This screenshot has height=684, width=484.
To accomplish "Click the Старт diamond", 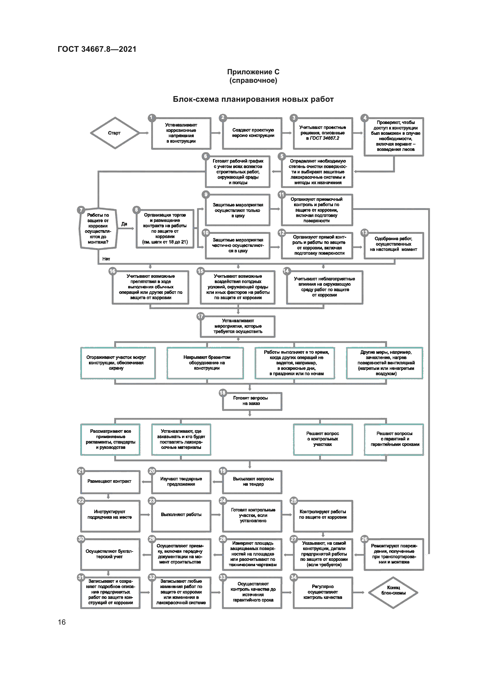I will click(115, 133).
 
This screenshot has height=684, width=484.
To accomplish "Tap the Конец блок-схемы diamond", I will click(393, 592).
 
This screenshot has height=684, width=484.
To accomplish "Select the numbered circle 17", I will click(200, 316).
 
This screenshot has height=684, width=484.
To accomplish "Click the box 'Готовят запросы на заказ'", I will click(252, 401).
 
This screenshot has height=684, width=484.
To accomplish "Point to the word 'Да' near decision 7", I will click(124, 224).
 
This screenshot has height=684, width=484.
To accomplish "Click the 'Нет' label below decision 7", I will click(106, 259).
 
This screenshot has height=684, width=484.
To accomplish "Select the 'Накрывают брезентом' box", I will click(205, 363).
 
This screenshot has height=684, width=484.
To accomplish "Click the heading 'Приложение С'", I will click(253, 72).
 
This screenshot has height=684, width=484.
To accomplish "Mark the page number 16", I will click(62, 622).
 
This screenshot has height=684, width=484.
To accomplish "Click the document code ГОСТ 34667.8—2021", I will click(97, 49).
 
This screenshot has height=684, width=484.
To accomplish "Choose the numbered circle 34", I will click(294, 577).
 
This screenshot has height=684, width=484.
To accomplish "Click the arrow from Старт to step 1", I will click(144, 133).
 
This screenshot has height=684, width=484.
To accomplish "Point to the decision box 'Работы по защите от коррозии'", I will click(98, 228).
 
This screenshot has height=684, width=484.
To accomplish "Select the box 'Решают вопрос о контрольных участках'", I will click(323, 439).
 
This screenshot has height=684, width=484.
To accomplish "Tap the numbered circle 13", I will click(365, 233).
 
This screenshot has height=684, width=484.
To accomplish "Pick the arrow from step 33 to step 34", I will click(287, 592).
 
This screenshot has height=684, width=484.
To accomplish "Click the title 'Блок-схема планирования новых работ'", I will click(253, 99).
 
